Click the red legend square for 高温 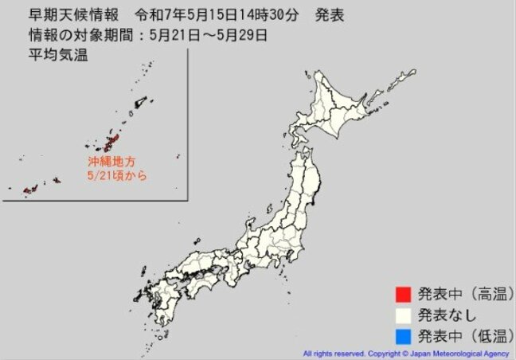[405, 294]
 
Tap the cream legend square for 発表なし [405, 313]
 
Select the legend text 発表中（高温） [462, 294]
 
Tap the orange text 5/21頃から [117, 174]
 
